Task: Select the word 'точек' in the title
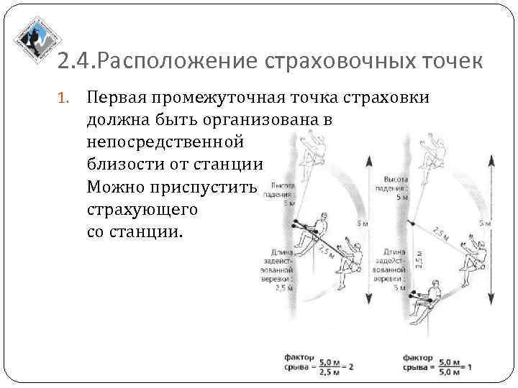453,62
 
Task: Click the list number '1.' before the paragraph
63,97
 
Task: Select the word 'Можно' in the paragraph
112,188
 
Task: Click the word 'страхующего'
141,210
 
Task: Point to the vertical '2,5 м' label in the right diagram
419,257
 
